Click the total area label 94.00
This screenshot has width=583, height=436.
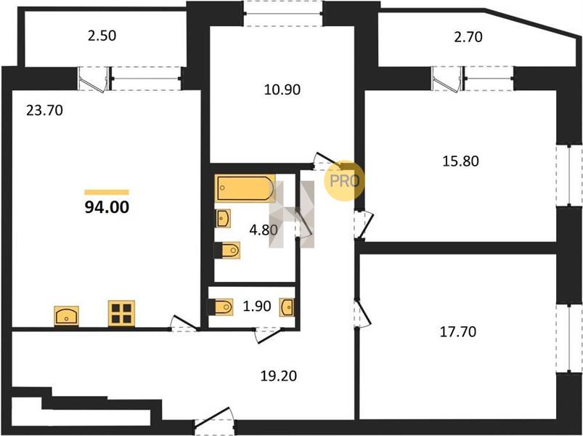107,207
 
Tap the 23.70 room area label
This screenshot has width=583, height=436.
44,110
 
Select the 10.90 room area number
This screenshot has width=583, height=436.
282,89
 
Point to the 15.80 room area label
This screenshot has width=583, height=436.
461,161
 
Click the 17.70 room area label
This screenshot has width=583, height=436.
458,331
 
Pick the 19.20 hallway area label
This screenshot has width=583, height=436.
279,376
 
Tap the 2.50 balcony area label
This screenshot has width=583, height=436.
102,36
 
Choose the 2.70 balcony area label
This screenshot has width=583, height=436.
468,37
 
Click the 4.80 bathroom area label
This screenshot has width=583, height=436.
264,230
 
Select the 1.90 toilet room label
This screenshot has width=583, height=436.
256,306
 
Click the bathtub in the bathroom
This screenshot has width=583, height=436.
245,188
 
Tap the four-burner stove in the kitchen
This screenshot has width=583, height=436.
121,314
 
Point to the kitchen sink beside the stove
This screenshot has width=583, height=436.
67,316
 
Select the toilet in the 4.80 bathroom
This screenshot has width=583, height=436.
227,250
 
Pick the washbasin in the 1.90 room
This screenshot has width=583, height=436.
288,307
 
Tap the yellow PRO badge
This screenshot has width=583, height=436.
344,181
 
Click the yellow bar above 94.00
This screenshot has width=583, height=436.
107,192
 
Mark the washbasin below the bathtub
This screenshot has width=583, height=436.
223,219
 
